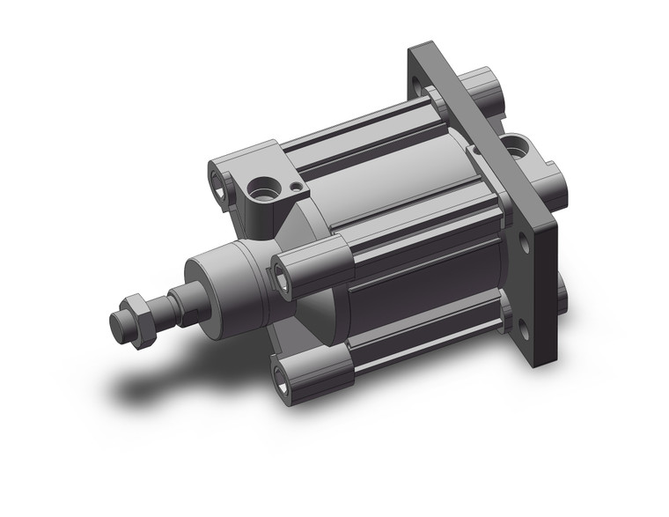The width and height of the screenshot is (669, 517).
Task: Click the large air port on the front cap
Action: coord(261,188)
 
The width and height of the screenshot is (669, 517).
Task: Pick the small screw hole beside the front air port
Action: coord(294,186)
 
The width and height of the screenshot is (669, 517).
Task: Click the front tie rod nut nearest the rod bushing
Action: coord(283,281)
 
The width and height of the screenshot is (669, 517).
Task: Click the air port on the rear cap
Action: coord(515,144)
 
